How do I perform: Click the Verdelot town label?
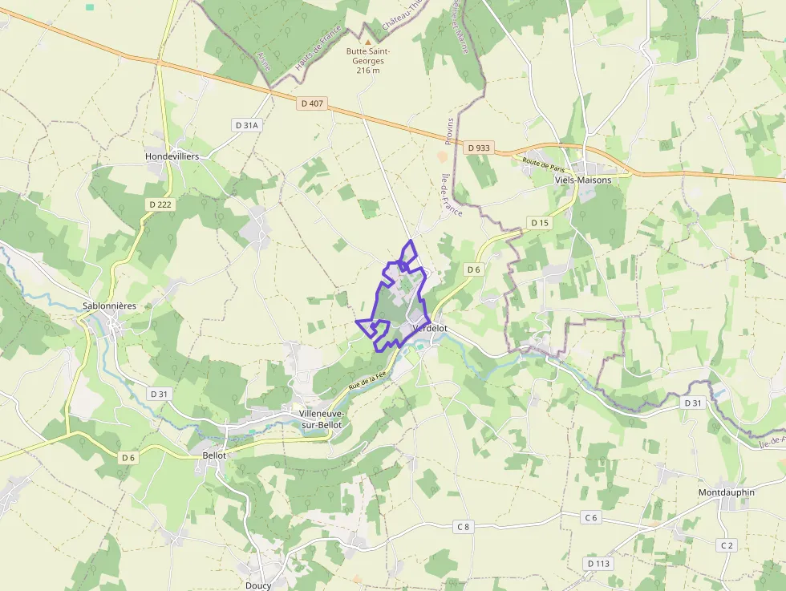pyautogui.click(x=429, y=329)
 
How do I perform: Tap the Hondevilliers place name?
pyautogui.click(x=172, y=156)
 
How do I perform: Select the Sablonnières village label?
pyautogui.click(x=110, y=306)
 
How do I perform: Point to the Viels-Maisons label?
pyautogui.click(x=583, y=180)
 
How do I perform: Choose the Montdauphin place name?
pyautogui.click(x=726, y=492)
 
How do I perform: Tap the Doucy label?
pyautogui.click(x=258, y=585)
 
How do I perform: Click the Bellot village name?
pyautogui.click(x=215, y=455)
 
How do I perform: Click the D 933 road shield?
pyautogui.click(x=478, y=148)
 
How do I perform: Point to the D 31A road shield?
pyautogui.click(x=247, y=125)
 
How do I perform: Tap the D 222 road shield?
pyautogui.click(x=160, y=204)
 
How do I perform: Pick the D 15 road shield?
pyautogui.click(x=539, y=222)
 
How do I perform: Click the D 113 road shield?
pyautogui.click(x=598, y=564)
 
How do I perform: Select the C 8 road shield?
pyautogui.click(x=463, y=527)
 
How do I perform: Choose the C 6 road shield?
pyautogui.click(x=591, y=517)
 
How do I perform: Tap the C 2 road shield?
pyautogui.click(x=727, y=545)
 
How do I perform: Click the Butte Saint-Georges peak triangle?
pyautogui.click(x=368, y=42)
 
